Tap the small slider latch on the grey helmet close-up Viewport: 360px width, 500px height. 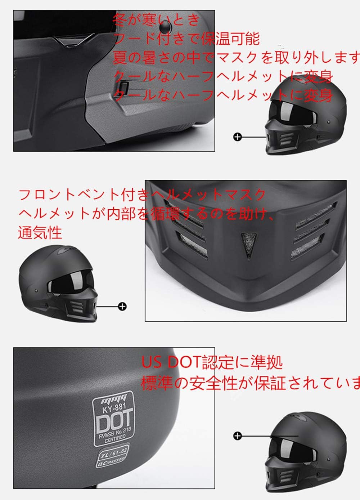tap(123, 86)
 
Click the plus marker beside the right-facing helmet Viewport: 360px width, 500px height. tap(123, 306)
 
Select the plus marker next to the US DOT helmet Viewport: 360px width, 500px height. tap(237, 436)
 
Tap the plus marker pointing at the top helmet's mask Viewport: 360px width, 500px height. tap(237, 137)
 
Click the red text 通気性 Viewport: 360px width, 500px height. tap(40, 233)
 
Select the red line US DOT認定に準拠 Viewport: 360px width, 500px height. tap(212, 362)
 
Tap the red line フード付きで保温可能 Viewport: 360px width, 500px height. tap(186, 39)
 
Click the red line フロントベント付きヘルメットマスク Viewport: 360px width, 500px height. tap(142, 195)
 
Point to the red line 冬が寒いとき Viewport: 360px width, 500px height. tap(156, 20)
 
